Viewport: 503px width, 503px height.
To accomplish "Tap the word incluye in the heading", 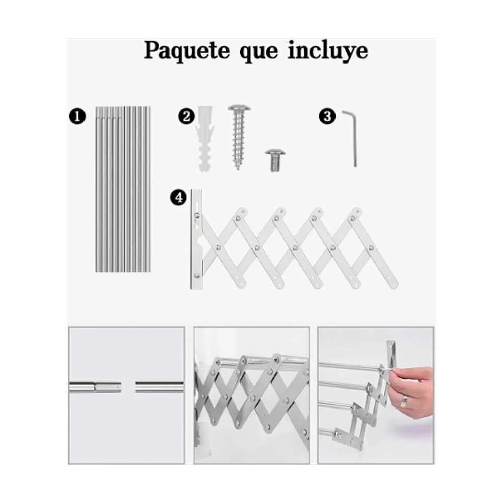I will [x=327, y=51].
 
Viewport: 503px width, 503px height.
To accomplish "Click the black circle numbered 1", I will [x=77, y=117].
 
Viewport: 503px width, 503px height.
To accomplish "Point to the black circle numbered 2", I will [x=186, y=117].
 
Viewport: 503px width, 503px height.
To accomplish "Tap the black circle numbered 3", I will [x=327, y=117].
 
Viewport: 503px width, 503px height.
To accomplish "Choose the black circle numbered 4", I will [x=178, y=198].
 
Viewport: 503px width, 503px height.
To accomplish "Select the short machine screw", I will [x=275, y=159].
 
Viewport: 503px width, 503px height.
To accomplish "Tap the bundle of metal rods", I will [x=123, y=189].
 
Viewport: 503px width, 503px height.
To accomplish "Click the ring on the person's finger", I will [x=403, y=401].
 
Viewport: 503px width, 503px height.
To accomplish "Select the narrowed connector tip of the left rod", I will [x=109, y=387].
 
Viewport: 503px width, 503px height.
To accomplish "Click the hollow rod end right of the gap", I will [x=139, y=387].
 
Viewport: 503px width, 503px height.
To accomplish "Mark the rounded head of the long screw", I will [x=239, y=108].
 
